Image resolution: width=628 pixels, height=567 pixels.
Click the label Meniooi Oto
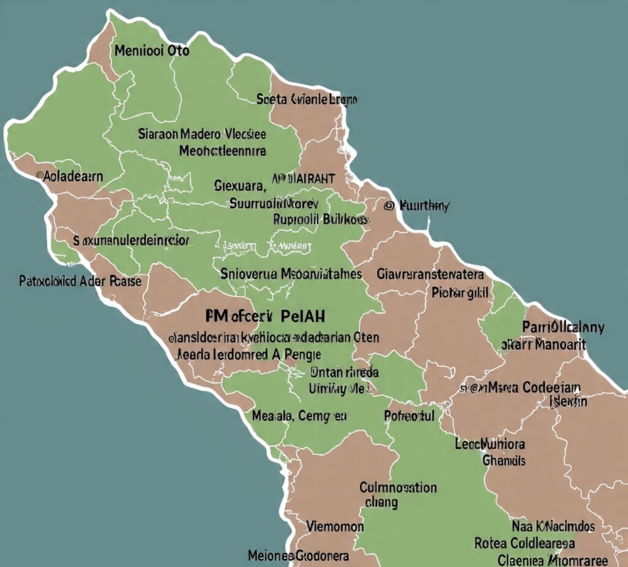pyautogui.click(x=151, y=51)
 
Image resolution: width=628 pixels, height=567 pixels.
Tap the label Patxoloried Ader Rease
pyautogui.click(x=80, y=282)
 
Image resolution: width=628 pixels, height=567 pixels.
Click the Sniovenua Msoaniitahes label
pyautogui.click(x=291, y=274)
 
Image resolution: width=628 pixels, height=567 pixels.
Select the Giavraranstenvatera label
pyautogui.click(x=431, y=274)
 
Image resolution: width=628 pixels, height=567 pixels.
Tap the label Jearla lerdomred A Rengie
pyautogui.click(x=249, y=354)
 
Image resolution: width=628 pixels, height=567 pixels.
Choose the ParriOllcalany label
pyautogui.click(x=564, y=327)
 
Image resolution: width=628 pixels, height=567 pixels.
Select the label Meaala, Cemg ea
pyautogui.click(x=299, y=416)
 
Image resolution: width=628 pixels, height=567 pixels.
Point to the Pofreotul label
pyautogui.click(x=409, y=416)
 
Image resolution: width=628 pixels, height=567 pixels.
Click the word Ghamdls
pyautogui.click(x=504, y=460)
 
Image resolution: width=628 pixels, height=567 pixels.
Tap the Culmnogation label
pyautogui.click(x=398, y=488)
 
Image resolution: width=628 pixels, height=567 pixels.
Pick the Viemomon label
pyautogui.click(x=335, y=526)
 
